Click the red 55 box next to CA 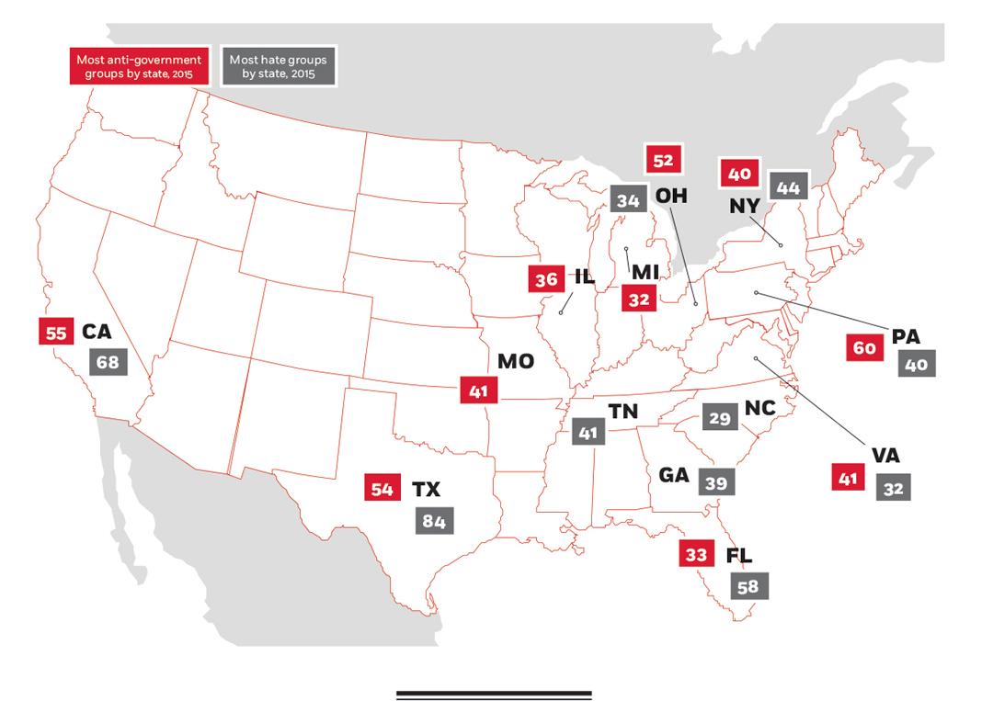click(56, 333)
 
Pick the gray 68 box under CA click(108, 362)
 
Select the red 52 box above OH click(663, 161)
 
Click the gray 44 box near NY click(788, 188)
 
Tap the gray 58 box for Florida click(748, 586)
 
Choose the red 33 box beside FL click(696, 555)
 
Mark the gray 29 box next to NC click(720, 418)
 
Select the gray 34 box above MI click(628, 200)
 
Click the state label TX click(427, 489)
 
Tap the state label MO click(515, 361)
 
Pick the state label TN click(622, 412)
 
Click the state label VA click(886, 456)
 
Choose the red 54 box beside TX click(382, 489)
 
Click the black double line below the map click(494, 695)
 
